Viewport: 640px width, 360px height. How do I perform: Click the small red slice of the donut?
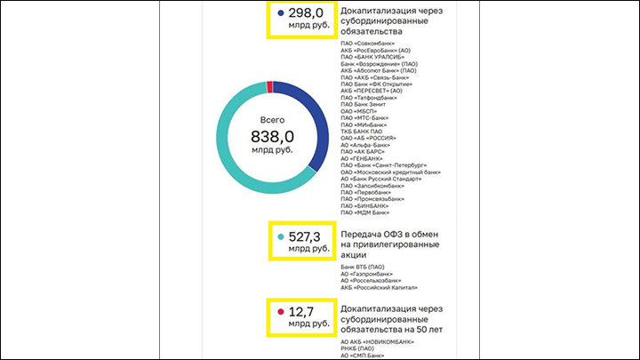tap(269, 85)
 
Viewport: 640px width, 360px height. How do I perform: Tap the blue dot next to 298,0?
tap(281, 13)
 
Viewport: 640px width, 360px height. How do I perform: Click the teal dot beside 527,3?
tap(281, 236)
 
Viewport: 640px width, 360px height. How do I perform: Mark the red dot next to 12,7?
tap(281, 312)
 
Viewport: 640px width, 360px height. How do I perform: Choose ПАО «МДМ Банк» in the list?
tap(365, 212)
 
